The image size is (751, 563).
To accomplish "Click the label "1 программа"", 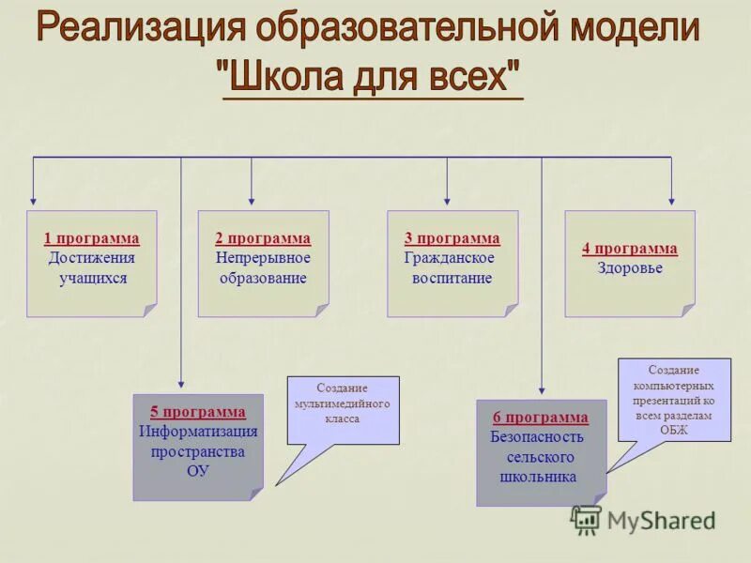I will click(91, 239).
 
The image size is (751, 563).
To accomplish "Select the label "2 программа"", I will click(263, 239).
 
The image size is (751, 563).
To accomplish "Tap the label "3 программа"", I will click(452, 239).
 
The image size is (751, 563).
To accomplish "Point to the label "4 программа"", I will click(629, 249).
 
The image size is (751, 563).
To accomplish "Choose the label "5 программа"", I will click(198, 412).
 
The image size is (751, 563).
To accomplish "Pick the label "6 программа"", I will click(541, 418).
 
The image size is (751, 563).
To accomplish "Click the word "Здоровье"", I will click(630, 268).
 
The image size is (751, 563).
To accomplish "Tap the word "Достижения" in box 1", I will click(92, 258).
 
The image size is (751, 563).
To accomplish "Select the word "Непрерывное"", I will click(263, 258).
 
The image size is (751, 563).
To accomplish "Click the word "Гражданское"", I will click(450, 258).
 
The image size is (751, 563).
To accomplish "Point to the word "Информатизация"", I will click(198, 432).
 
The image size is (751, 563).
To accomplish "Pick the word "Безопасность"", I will click(537, 437).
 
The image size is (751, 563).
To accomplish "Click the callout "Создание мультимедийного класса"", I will click(343, 403).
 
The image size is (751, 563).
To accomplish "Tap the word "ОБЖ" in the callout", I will click(673, 429).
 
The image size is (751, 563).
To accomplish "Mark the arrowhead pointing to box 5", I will click(181, 382).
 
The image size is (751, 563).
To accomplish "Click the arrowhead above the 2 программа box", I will click(252, 198).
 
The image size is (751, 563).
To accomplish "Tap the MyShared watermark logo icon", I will click(587, 520).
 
